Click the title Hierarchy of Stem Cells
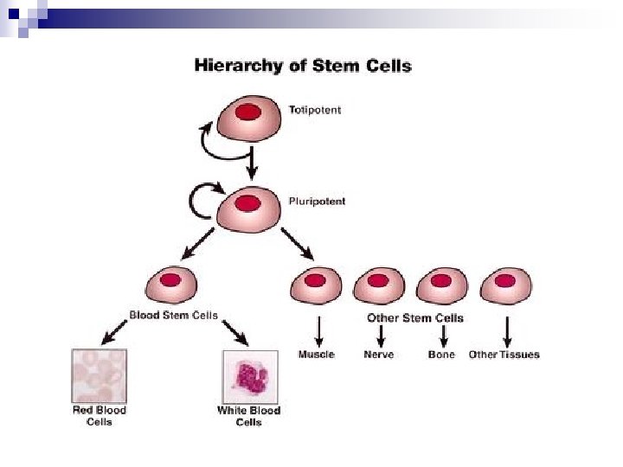[x=303, y=65]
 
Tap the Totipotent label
[x=315, y=110]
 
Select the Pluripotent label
[x=317, y=202]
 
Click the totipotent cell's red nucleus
[x=249, y=112]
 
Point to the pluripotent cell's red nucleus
[x=248, y=203]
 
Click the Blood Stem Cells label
[x=173, y=316]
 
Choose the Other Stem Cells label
[x=415, y=318]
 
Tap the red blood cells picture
[x=100, y=375]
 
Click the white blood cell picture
[x=249, y=375]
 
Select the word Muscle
[x=317, y=355]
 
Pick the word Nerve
[x=379, y=355]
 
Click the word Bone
[x=441, y=355]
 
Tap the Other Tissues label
[x=504, y=355]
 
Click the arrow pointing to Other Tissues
[x=506, y=330]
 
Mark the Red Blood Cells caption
[x=100, y=415]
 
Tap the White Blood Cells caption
[x=248, y=415]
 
